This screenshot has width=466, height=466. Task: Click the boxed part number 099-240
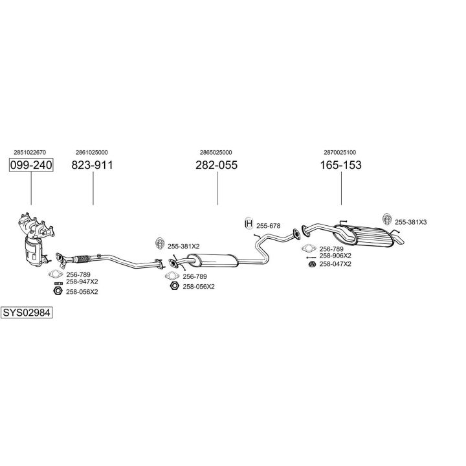30,166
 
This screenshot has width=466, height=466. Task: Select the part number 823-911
92,166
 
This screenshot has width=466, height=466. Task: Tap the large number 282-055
216,166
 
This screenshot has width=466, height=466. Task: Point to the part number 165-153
340,166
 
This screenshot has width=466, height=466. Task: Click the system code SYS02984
27,313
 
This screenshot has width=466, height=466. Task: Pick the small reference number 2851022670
30,153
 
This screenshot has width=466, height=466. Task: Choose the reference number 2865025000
216,153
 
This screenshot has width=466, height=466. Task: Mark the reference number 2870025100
340,153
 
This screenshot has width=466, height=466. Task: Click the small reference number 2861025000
92,153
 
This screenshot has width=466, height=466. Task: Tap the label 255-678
268,226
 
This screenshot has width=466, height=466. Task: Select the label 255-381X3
411,222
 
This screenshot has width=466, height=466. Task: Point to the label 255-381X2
184,247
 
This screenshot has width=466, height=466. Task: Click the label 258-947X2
82,282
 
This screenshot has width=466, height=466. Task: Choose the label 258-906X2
335,256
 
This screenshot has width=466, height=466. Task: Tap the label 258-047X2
335,264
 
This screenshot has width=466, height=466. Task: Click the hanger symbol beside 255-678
248,224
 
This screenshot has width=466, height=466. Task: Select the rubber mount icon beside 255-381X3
386,219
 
